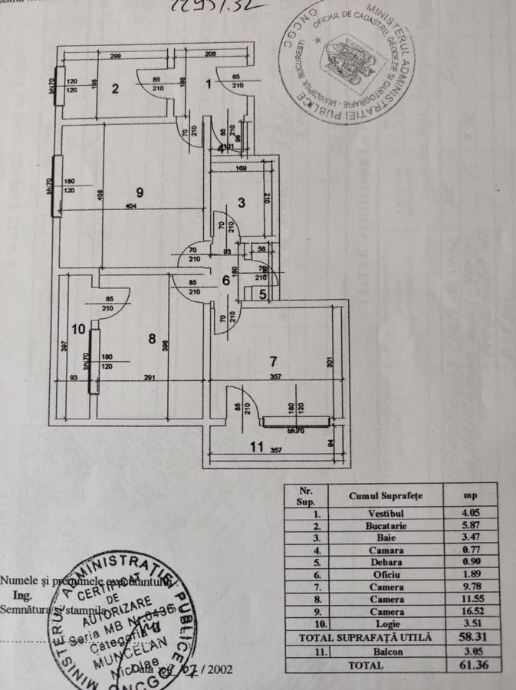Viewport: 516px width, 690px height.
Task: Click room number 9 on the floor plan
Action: [139, 191]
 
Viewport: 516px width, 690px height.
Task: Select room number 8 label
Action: [153, 337]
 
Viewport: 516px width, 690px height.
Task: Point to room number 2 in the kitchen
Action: [115, 88]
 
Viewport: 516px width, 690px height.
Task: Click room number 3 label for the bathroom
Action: [241, 202]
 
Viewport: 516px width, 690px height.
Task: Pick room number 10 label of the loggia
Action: [77, 329]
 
